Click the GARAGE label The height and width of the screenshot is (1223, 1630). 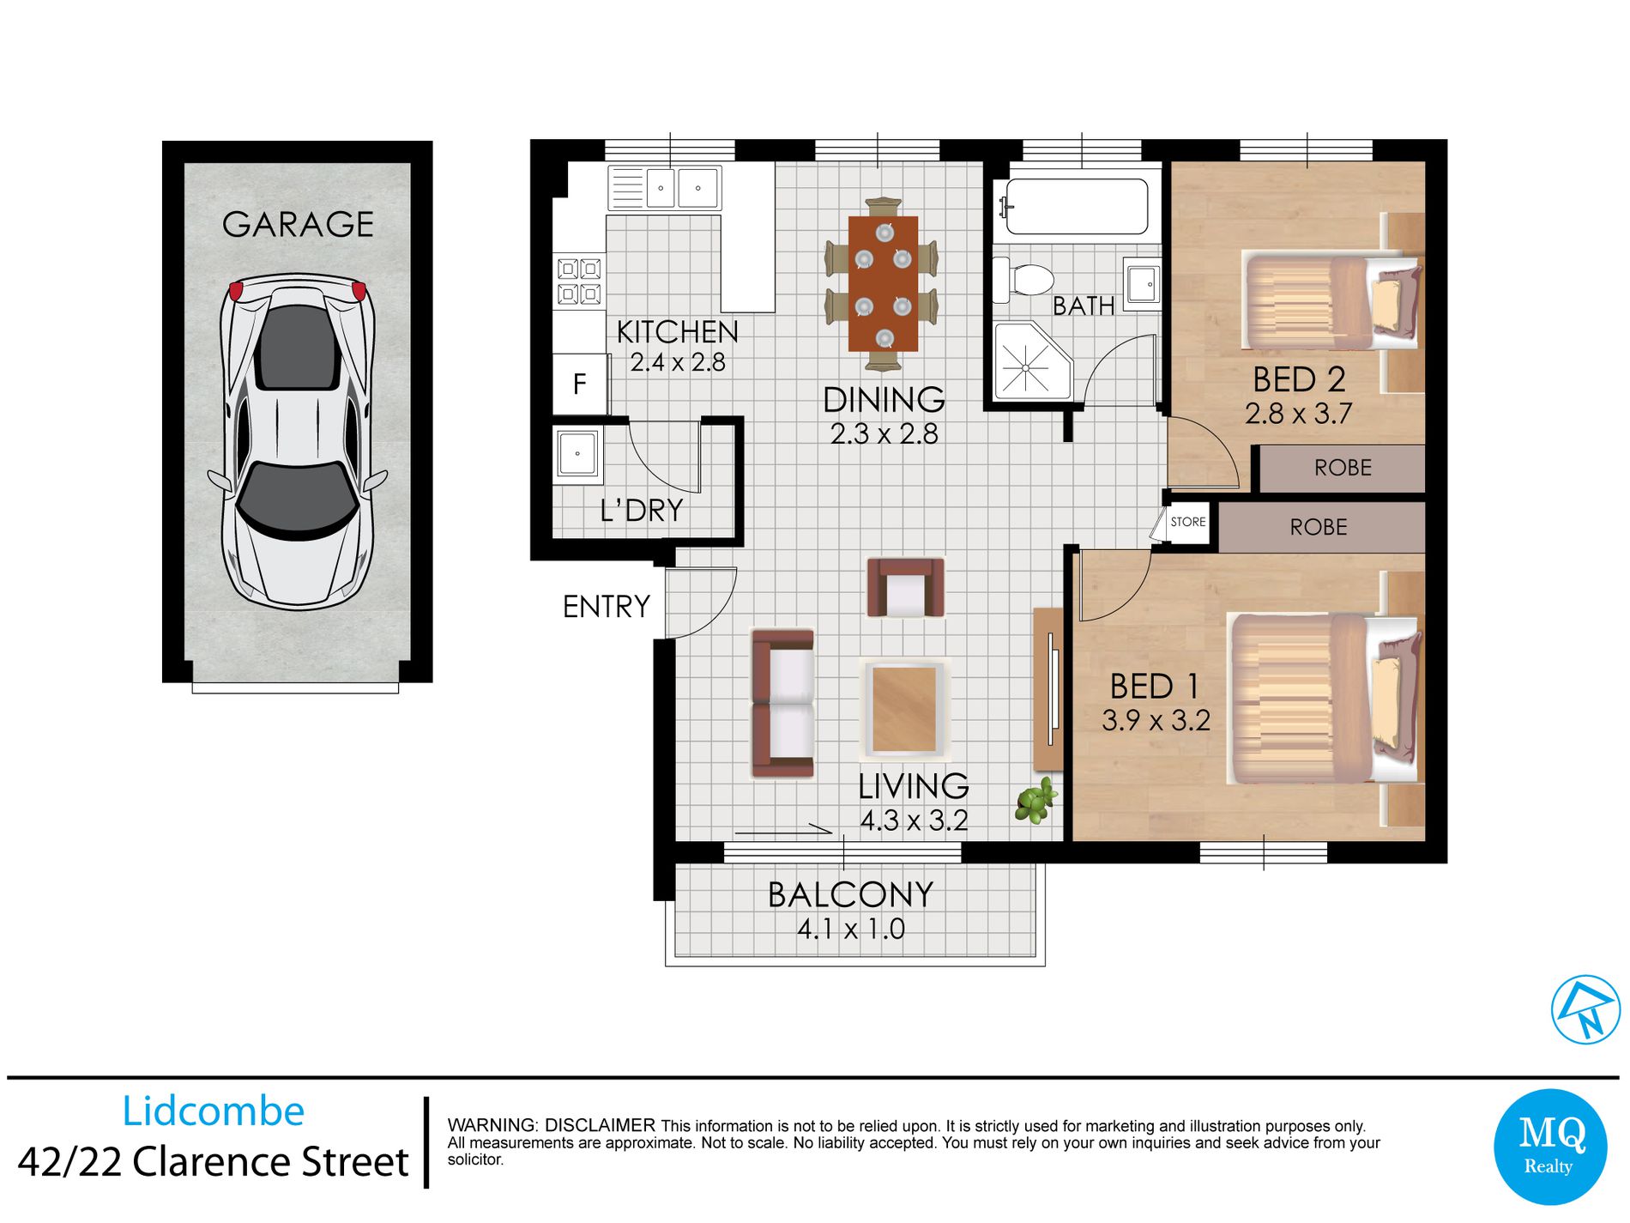click(298, 225)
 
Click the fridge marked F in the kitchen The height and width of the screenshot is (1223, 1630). click(579, 384)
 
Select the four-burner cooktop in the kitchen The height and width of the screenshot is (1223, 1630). click(579, 282)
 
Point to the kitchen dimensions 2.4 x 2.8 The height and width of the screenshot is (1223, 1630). click(678, 363)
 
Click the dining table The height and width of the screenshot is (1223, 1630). click(883, 283)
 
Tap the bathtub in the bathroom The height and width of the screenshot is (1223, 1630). click(1077, 207)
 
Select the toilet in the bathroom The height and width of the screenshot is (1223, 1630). click(1025, 280)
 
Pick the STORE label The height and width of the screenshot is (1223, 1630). click(1187, 522)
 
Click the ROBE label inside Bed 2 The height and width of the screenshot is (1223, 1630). click(1343, 468)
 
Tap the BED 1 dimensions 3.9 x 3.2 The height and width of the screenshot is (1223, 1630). click(1156, 721)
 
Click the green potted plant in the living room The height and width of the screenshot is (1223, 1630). click(1035, 801)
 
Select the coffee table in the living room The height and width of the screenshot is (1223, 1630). click(904, 710)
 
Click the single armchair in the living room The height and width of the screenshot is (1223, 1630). click(905, 589)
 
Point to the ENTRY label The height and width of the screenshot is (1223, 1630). click(606, 607)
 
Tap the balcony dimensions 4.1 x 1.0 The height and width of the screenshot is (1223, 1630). click(850, 929)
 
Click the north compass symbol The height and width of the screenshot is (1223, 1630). click(1585, 1009)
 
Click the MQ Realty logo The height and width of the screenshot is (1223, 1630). click(1549, 1147)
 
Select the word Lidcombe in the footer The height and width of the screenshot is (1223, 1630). click(213, 1111)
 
